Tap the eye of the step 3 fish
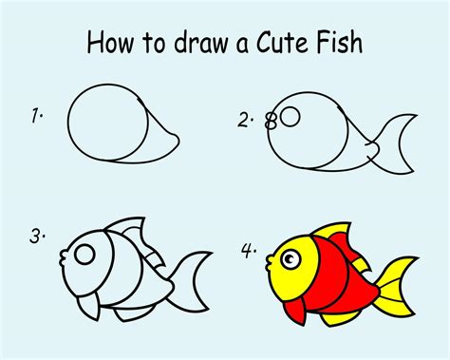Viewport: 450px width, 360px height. point(85,255)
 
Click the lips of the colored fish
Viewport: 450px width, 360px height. point(270,256)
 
